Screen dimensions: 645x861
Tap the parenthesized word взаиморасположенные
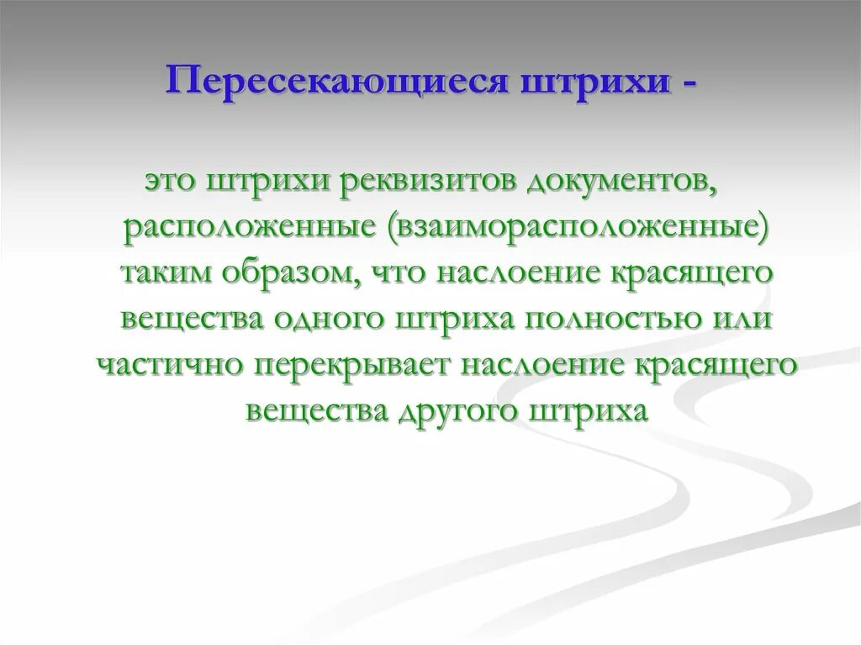click(578, 229)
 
